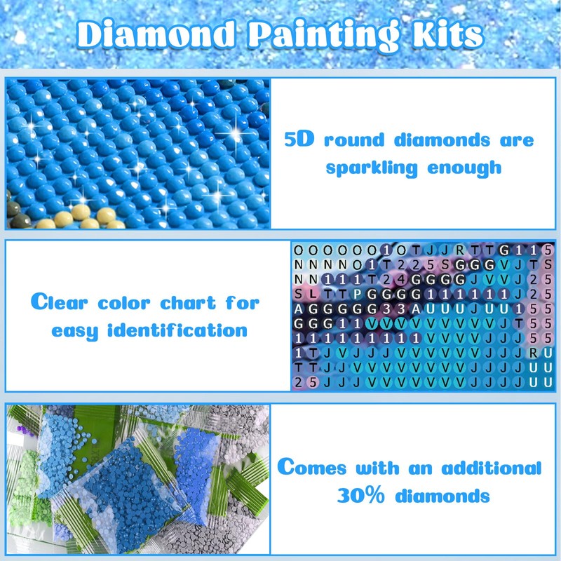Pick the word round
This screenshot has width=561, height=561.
354,140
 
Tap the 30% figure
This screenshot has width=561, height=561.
360,496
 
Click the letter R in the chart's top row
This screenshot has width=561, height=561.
459,250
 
